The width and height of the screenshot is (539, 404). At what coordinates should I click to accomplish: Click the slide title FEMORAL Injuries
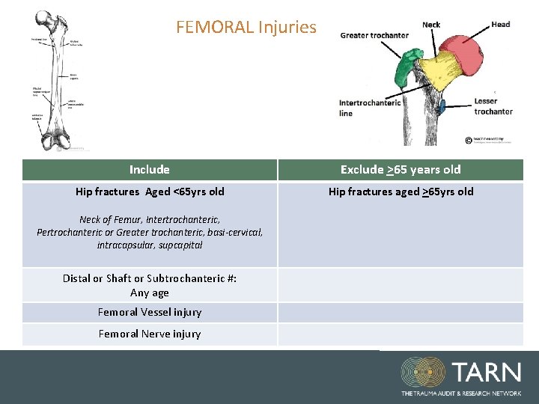coord(246,28)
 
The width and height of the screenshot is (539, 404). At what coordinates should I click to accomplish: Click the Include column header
coord(149,170)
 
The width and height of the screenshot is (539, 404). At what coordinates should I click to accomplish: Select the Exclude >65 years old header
coord(401,170)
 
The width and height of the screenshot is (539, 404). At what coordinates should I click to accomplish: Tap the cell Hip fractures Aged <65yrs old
coord(150,192)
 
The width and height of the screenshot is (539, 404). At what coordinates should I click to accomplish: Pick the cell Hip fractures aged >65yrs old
coord(401,192)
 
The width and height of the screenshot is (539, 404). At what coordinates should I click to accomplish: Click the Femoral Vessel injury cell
coord(150,312)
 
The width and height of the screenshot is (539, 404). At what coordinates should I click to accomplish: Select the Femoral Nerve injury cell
coord(150,334)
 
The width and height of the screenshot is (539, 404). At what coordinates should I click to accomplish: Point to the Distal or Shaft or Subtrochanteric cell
coord(150,285)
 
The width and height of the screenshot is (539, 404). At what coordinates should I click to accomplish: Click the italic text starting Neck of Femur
coord(150,233)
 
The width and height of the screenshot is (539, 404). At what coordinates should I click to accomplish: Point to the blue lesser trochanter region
coord(442,106)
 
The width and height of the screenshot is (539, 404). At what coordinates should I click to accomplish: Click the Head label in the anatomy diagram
coord(500,25)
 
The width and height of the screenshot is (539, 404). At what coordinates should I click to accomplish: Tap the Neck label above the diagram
coord(431,25)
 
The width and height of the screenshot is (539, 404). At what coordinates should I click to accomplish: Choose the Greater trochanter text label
coord(374,35)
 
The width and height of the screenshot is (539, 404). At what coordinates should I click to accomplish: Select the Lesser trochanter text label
coord(493,106)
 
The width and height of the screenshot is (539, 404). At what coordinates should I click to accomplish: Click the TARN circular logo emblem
coord(423,372)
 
